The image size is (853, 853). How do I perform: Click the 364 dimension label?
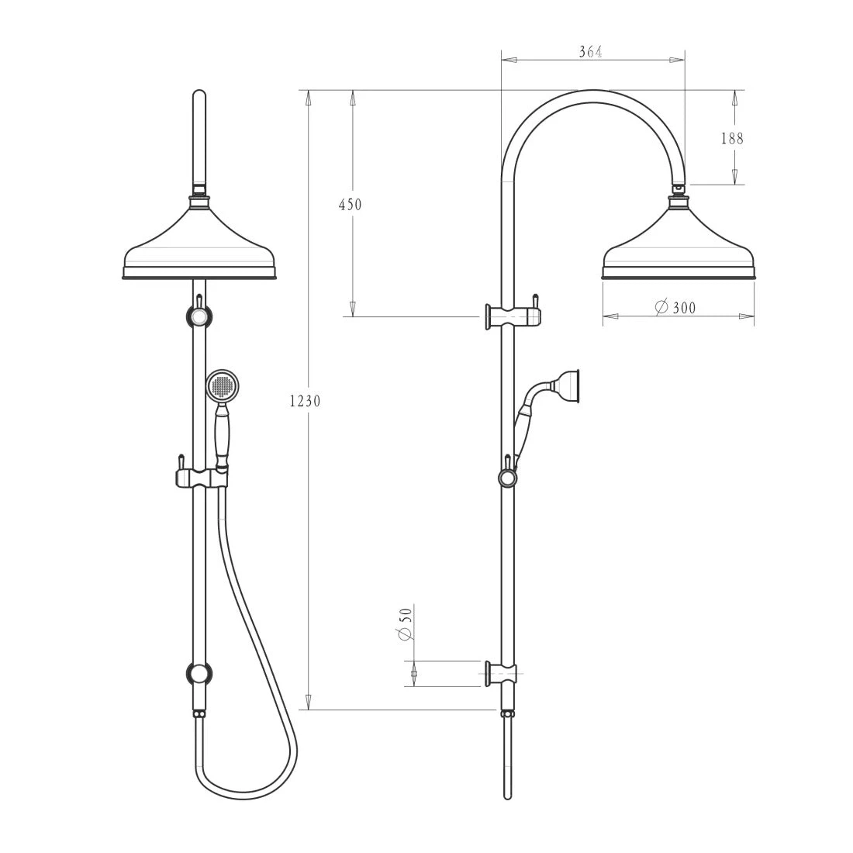coord(591,52)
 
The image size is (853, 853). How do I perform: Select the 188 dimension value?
coord(731,139)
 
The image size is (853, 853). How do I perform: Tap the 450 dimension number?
coord(350,205)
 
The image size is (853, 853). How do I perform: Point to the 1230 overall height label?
coord(304,401)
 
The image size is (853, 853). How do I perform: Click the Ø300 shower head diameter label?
coord(675,308)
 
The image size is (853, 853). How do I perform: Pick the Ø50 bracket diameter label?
coord(403,623)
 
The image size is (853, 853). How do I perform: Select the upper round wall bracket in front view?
coord(199,317)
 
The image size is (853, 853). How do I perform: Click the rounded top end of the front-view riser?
coord(199,96)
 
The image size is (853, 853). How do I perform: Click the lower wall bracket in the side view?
coord(504,675)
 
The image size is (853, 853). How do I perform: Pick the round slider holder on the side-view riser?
coord(507,478)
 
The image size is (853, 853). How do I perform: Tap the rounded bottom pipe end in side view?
coord(507,796)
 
